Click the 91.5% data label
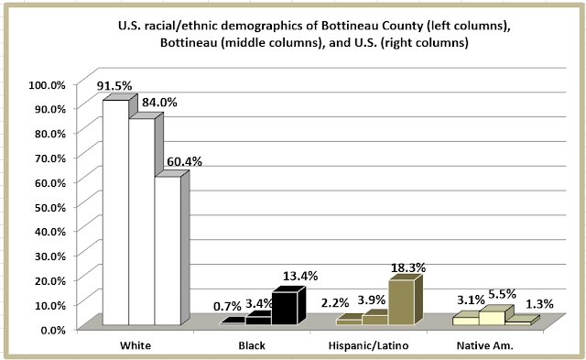click(114, 86)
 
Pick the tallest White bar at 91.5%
click(116, 213)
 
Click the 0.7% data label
click(227, 307)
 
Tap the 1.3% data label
click(539, 304)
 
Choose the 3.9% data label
click(372, 300)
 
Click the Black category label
click(252, 345)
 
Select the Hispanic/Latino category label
click(368, 345)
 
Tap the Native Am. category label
click(485, 345)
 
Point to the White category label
click(136, 345)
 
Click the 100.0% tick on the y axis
click(47, 85)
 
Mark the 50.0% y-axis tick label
click(50, 207)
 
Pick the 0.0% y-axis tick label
click(53, 330)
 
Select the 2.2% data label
click(335, 302)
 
